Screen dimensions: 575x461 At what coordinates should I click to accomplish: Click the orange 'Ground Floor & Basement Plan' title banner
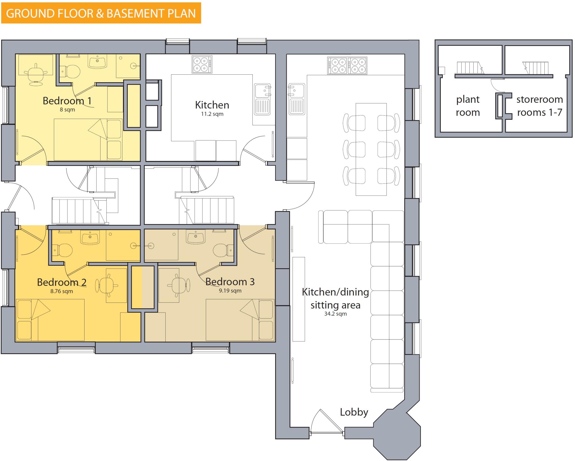point(101,13)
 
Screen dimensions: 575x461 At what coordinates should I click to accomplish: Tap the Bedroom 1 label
point(67,101)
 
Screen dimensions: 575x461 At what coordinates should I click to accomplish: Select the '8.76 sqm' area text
point(61,291)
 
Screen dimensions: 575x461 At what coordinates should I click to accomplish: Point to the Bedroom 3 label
point(230,282)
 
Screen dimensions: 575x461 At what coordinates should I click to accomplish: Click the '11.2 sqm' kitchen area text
point(212,114)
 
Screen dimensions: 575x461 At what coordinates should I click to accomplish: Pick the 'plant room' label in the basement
point(468,106)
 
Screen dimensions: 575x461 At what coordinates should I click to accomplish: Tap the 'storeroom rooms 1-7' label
point(539,106)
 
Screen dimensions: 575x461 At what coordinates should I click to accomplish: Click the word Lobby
point(354,412)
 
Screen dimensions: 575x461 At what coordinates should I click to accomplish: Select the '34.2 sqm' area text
point(336,314)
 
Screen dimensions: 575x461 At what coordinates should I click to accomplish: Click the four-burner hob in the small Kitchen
point(202,65)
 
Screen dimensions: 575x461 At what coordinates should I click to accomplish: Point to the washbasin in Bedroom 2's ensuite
point(90,237)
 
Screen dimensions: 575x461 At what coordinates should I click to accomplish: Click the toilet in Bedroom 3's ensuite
point(222,250)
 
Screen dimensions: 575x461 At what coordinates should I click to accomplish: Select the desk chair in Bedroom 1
point(35,74)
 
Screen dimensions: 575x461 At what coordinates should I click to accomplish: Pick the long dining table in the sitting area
point(371,149)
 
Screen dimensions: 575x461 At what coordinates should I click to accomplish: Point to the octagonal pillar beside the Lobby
point(397,434)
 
